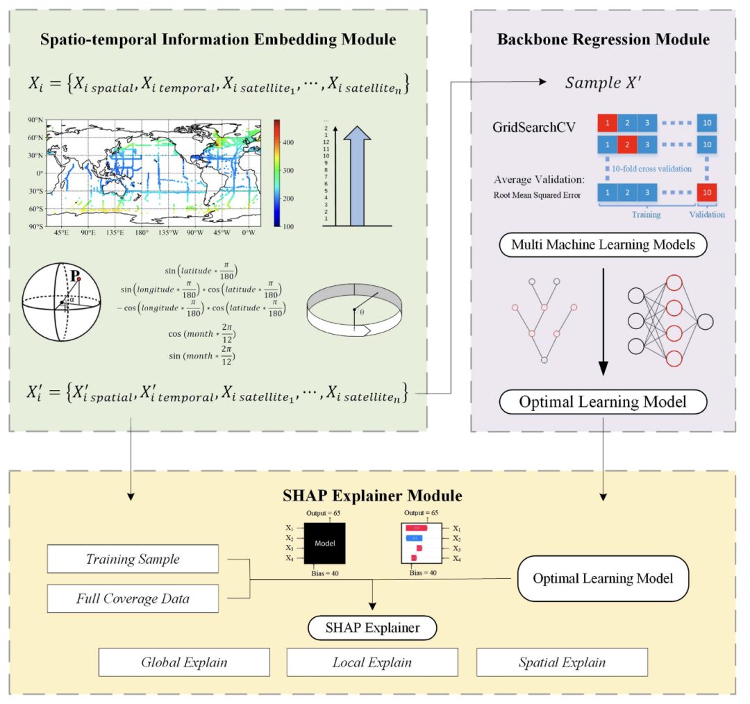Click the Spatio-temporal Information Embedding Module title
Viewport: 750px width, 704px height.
pos(217,39)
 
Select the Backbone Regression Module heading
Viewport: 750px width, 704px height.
pos(603,39)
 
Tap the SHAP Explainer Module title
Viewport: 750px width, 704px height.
pos(372,496)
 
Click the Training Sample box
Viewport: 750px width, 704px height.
pos(133,560)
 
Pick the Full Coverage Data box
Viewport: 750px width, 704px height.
pos(133,598)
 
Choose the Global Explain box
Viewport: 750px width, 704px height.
pos(184,662)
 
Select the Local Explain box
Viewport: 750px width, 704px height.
pos(372,662)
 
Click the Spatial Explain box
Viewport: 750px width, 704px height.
pos(562,662)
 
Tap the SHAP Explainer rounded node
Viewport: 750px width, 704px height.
pos(372,628)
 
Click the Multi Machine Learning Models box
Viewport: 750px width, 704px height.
pos(603,244)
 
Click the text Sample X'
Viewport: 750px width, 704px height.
pos(603,83)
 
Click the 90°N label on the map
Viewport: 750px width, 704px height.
pos(35,120)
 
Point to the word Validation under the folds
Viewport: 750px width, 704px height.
pos(707,215)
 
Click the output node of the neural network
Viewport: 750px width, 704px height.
pos(706,321)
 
